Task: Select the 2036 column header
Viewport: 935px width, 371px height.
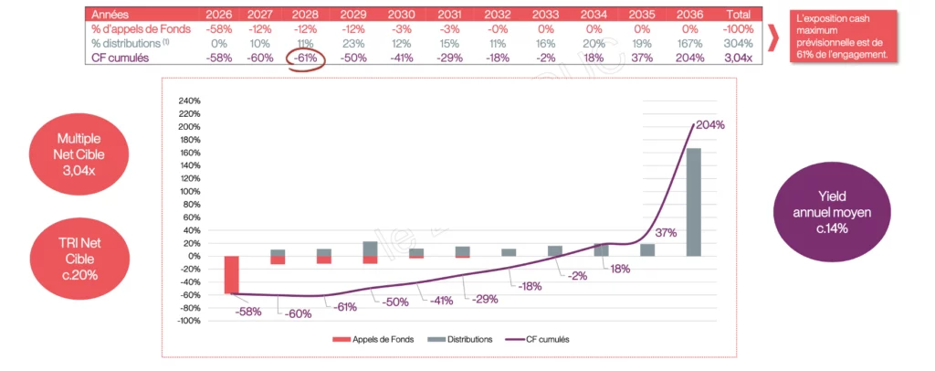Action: click(690, 15)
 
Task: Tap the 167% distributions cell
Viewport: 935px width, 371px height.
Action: click(690, 43)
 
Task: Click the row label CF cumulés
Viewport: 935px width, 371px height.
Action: click(123, 58)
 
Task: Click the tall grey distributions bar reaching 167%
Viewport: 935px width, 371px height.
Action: click(694, 202)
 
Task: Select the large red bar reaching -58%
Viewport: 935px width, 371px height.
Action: click(232, 274)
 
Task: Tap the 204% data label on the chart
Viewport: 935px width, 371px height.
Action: click(709, 124)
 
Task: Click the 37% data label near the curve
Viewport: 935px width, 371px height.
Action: click(666, 233)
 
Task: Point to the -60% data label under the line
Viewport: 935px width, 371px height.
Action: click(298, 313)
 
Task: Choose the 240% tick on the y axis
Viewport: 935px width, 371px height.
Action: click(187, 101)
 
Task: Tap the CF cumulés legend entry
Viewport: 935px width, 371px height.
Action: click(538, 339)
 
